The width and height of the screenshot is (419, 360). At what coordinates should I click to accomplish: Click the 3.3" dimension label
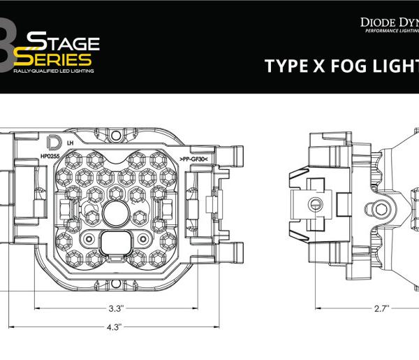click(116, 308)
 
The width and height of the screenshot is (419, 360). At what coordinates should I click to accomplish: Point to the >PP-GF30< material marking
click(193, 160)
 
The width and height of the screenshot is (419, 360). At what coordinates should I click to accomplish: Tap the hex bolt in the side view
click(381, 209)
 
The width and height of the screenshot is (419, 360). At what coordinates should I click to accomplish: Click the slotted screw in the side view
click(316, 204)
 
